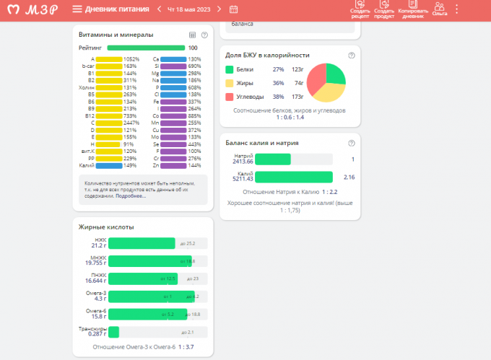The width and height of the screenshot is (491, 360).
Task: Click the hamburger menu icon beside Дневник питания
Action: click(x=77, y=9)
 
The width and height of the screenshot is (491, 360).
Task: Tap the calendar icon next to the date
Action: click(x=233, y=9)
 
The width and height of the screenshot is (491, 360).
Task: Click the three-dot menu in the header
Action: click(x=456, y=9)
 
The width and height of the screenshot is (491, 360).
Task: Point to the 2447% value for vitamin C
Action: click(x=131, y=123)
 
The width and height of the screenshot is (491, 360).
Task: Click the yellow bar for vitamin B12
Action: click(x=109, y=115)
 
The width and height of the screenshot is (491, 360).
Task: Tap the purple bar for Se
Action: click(x=173, y=144)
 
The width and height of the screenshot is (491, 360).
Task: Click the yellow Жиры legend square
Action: click(x=229, y=83)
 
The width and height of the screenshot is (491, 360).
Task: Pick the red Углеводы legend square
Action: click(x=229, y=97)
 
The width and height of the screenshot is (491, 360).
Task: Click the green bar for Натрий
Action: click(x=273, y=159)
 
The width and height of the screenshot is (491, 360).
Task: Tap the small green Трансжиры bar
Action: click(x=113, y=332)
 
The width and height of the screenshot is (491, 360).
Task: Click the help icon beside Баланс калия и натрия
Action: click(x=351, y=143)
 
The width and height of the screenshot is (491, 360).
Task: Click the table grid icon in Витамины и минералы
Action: click(x=192, y=35)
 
